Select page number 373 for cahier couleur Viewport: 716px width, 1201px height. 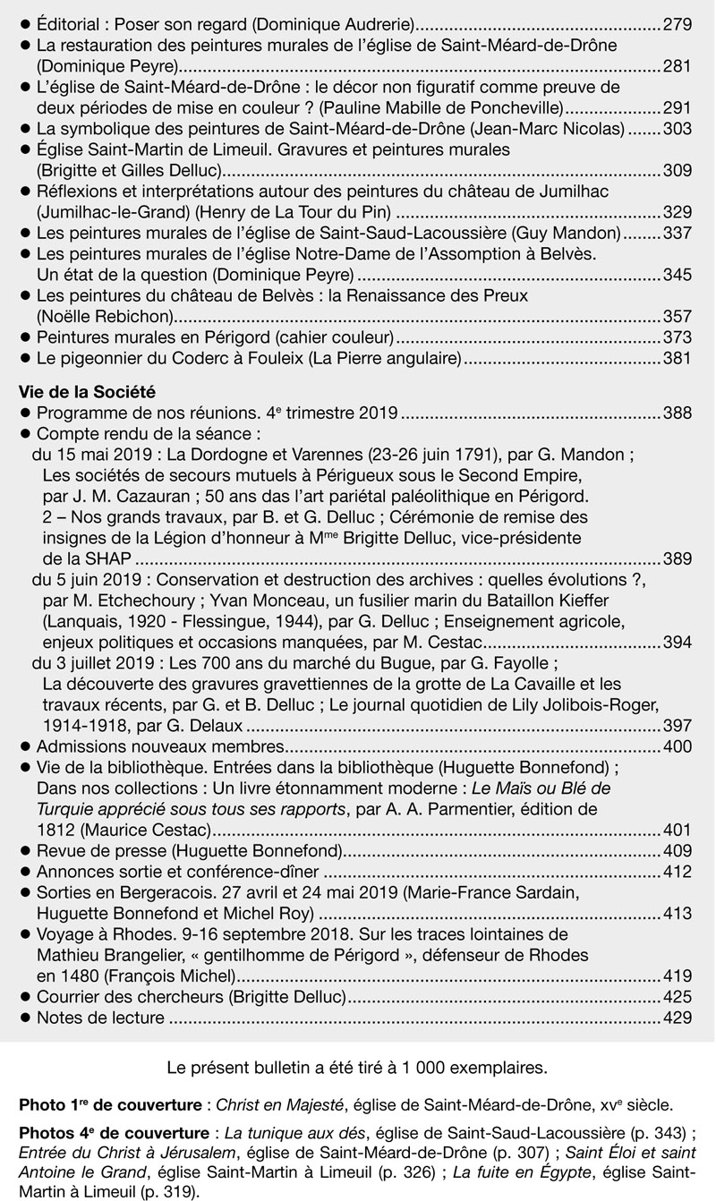click(x=678, y=338)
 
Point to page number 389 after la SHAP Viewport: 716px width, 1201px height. click(x=678, y=559)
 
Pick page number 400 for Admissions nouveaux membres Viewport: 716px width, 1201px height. click(x=678, y=746)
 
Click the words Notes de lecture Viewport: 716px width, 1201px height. click(x=100, y=1018)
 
